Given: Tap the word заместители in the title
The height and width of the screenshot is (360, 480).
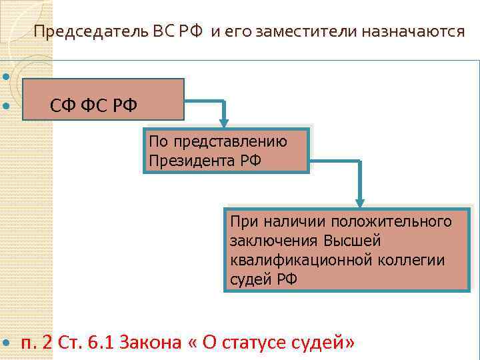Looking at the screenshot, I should pyautogui.click(x=301, y=31).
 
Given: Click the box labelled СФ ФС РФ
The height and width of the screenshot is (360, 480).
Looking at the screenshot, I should pyautogui.click(x=103, y=99).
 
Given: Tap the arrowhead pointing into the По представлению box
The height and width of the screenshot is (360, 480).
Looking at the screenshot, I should pyautogui.click(x=225, y=122).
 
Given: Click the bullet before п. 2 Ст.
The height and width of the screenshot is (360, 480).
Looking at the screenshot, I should pyautogui.click(x=7, y=343).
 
